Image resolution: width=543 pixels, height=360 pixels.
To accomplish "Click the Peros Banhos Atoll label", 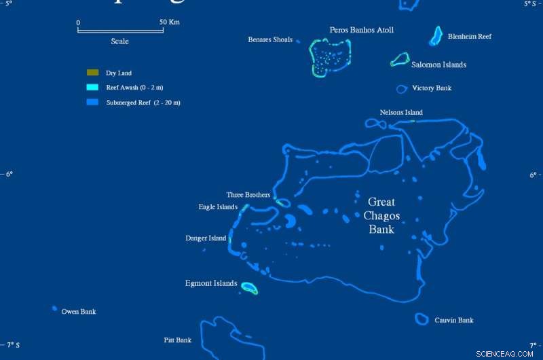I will click(x=361, y=30).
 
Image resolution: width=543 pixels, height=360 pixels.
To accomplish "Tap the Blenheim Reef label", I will click(x=470, y=37).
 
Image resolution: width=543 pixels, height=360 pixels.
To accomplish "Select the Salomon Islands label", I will click(x=438, y=65).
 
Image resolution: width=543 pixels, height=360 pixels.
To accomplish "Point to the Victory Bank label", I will click(x=432, y=88).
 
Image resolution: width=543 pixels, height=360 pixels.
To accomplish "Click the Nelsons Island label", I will click(x=401, y=113).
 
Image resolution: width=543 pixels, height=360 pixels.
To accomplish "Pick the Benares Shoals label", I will click(x=270, y=40).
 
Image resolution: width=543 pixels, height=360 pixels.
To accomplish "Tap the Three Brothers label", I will click(x=248, y=195).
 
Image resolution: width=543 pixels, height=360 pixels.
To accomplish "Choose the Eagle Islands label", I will click(x=218, y=207).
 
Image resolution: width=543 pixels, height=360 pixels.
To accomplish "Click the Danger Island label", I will click(x=206, y=238).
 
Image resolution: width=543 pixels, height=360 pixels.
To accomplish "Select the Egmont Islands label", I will click(x=211, y=283).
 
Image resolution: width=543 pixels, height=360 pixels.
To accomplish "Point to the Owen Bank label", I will click(x=79, y=312).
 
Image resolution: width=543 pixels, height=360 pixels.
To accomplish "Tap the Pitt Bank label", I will click(x=178, y=340).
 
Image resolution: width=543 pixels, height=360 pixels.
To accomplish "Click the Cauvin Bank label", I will click(x=454, y=320).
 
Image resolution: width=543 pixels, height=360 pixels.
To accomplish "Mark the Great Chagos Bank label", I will click(x=381, y=215).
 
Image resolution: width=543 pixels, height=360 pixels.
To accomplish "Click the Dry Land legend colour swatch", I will click(x=92, y=73).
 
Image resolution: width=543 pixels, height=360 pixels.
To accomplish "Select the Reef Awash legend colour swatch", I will click(x=92, y=88).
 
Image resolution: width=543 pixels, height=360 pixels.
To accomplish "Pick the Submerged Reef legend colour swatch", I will click(x=92, y=103).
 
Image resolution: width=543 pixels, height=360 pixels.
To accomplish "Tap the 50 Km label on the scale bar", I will click(x=170, y=22).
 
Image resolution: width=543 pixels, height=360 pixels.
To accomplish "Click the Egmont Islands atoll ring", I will click(x=250, y=289).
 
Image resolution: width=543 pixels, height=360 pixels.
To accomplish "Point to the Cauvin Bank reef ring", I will click(x=422, y=319).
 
